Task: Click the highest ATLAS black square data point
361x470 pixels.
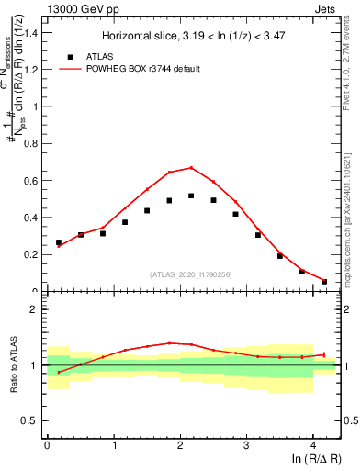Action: coord(191,196)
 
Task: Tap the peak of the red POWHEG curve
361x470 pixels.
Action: coord(191,168)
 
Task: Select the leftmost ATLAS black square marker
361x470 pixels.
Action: coord(59,242)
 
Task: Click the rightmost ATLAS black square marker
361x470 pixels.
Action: coord(324,281)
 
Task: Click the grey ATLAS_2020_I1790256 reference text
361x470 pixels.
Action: coord(192,274)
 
